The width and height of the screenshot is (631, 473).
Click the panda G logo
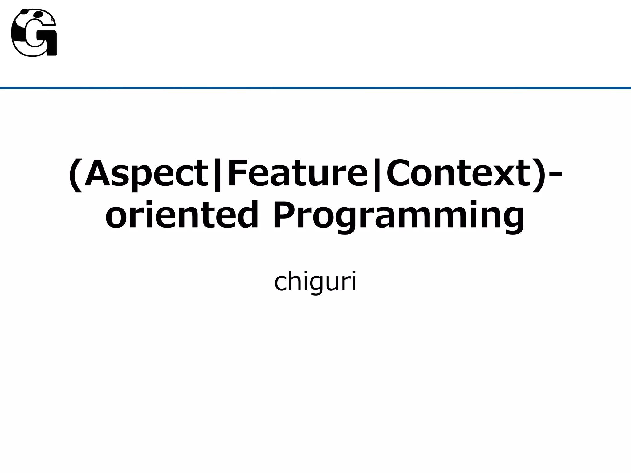pos(34,33)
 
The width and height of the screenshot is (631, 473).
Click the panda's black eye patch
pos(38,14)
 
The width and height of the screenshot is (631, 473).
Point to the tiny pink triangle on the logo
pos(53,21)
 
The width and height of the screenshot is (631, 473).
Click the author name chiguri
pos(315,282)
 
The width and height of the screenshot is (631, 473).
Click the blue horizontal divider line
pos(315,88)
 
